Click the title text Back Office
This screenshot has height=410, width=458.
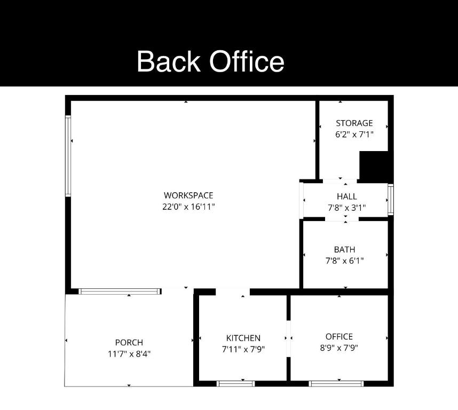(210, 61)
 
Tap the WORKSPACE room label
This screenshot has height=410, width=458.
(188, 195)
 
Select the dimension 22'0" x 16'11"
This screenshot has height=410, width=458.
(188, 207)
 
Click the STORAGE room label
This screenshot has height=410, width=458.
(354, 123)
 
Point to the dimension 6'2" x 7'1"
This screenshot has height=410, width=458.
(354, 135)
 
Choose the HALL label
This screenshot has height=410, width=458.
(346, 196)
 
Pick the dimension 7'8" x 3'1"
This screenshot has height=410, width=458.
(346, 208)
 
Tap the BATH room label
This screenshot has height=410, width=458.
(344, 249)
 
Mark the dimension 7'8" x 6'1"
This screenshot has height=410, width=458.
(344, 261)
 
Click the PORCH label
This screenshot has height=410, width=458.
(129, 342)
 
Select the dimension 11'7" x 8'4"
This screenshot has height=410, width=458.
(129, 353)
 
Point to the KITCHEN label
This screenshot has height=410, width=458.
(243, 338)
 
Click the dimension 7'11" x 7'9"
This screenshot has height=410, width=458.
(243, 349)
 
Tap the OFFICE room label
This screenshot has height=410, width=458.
(339, 336)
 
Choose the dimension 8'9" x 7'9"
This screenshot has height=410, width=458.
(339, 348)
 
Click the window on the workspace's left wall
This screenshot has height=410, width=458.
(68, 155)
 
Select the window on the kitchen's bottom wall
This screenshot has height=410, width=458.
(235, 383)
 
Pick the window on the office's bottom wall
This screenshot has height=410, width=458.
(336, 383)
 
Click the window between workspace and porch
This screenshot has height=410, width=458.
(120, 291)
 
